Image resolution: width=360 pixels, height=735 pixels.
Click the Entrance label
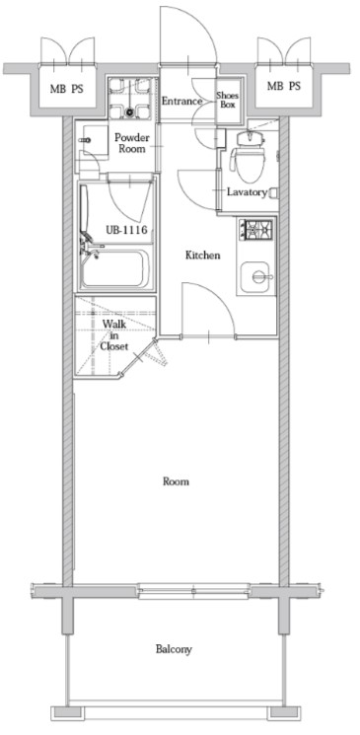coord(181,101)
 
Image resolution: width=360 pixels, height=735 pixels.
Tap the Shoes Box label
coord(227,100)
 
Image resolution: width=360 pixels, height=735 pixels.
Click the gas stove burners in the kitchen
coord(255,230)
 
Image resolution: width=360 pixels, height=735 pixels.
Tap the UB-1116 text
coord(126,230)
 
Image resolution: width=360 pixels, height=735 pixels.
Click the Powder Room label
coord(132,143)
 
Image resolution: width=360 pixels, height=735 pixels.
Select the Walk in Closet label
coord(113,334)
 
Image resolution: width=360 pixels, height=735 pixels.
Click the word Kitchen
coord(202,256)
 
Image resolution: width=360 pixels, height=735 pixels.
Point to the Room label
coord(176,481)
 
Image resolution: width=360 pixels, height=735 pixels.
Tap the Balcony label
coord(174,650)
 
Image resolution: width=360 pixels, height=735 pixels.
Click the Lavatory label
coord(247,191)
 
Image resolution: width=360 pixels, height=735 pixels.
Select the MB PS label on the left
coord(66,88)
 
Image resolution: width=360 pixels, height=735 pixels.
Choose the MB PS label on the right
coord(284,86)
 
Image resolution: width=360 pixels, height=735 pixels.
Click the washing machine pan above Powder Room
coord(130,98)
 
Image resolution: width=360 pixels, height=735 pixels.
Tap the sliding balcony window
coord(193,591)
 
